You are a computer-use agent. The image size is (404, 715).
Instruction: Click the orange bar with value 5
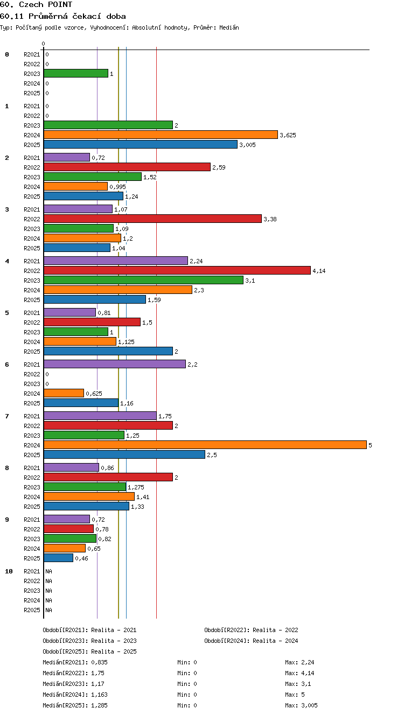pos(205,445)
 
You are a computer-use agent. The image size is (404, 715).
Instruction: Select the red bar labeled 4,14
pos(177,270)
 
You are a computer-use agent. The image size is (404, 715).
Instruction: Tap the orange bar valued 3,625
pos(161,135)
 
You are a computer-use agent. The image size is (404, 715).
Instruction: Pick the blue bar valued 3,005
pos(141,144)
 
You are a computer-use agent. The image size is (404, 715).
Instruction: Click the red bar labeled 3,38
pos(152,219)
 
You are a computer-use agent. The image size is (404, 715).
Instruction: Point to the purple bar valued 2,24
pos(116,261)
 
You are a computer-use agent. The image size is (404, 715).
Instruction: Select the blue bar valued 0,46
pos(58,558)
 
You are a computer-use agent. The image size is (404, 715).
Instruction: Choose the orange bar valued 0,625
pos(64,393)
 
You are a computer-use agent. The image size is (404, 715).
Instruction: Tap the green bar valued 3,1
pos(143,280)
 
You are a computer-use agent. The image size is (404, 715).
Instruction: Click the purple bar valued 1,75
pos(100,416)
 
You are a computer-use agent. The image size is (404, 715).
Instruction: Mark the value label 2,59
pos(219,167)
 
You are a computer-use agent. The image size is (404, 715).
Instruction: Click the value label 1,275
pos(136,487)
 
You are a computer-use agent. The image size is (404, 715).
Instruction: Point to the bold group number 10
pos(9,571)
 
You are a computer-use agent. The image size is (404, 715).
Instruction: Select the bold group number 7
pos(6,416)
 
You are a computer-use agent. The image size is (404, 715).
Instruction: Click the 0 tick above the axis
pos(44,44)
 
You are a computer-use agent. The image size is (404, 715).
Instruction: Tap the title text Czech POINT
pos(45,4)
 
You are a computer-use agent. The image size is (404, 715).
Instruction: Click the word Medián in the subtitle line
pos(229,27)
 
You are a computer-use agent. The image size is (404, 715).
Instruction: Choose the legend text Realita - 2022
pos(275,630)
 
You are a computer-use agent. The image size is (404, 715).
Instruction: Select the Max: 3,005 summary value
pos(301,705)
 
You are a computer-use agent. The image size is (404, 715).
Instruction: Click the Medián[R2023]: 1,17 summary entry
pos(73,684)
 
